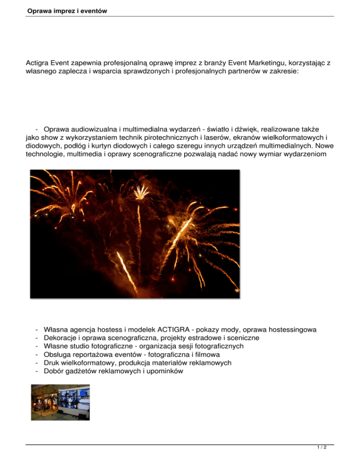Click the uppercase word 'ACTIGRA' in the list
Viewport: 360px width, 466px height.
click(x=181, y=329)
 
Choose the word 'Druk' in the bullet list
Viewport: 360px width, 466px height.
click(x=51, y=363)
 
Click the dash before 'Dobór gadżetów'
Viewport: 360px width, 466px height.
click(x=36, y=371)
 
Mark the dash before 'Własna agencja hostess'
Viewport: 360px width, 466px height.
click(x=36, y=329)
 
